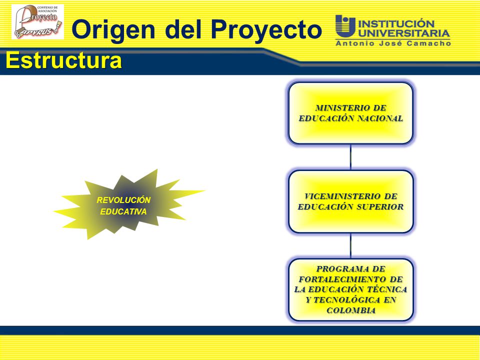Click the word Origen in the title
tap(113, 30)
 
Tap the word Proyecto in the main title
tap(266, 30)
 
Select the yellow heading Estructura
tap(63, 60)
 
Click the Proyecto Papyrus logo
tap(37, 21)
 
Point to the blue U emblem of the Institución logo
tap(345, 25)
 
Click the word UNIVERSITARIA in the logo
tap(404, 33)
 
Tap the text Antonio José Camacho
tap(393, 43)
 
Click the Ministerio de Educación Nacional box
tap(351, 113)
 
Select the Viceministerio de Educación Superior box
tap(351, 201)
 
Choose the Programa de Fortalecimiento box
tap(351, 289)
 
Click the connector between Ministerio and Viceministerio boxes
tap(351, 157)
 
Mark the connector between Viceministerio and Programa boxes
tap(351, 246)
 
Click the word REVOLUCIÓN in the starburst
tap(123, 200)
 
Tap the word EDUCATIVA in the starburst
tap(123, 211)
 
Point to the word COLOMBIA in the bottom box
tap(351, 310)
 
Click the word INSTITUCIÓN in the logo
tap(396, 24)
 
